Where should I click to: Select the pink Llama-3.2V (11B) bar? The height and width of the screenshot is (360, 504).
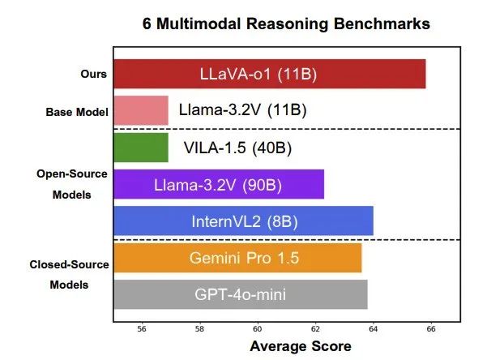(x=140, y=110)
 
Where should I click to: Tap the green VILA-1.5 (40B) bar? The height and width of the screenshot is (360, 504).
(x=140, y=148)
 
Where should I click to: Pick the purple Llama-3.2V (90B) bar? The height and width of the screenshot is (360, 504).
(x=218, y=185)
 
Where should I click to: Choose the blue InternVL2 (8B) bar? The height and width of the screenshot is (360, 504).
(x=243, y=221)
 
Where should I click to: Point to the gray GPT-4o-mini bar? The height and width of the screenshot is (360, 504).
(x=240, y=294)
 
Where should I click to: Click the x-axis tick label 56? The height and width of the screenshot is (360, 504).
(x=143, y=329)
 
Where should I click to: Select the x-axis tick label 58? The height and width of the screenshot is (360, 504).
(x=200, y=329)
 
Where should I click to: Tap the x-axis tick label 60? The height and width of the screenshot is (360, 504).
(x=258, y=329)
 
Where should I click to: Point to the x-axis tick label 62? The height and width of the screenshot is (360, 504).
(x=315, y=329)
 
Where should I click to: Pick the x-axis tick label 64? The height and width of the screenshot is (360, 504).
(x=373, y=329)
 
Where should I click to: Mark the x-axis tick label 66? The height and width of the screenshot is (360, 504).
(x=430, y=329)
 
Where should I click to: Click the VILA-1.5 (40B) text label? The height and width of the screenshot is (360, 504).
(x=238, y=148)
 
